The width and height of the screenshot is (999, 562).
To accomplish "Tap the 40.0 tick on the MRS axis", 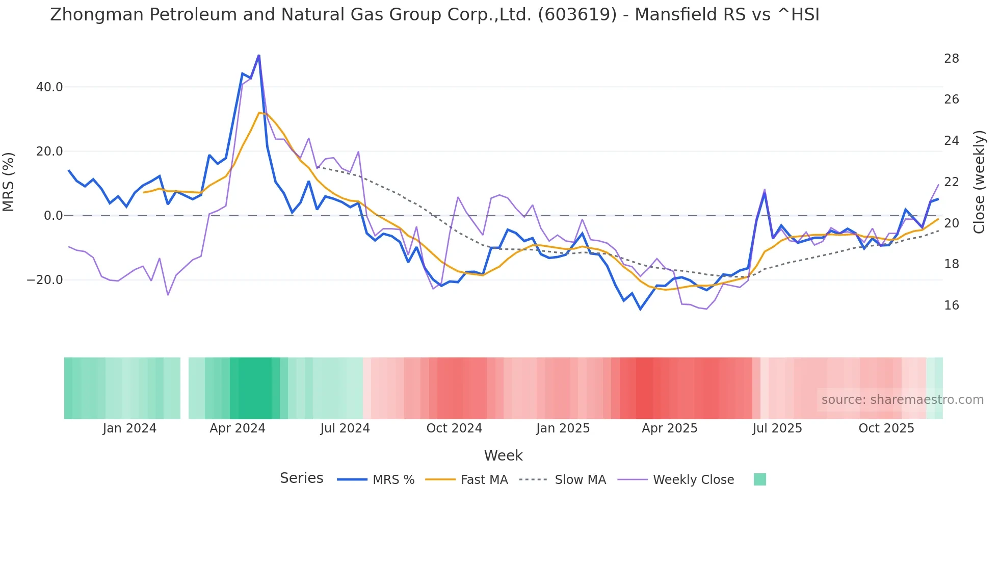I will click(49, 87).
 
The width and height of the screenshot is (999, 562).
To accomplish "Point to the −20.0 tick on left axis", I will click(45, 280).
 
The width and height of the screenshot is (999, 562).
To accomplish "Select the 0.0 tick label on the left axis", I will click(54, 216).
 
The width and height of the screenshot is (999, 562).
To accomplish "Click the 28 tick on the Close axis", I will click(951, 59).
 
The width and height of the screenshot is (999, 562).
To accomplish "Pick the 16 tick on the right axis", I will click(951, 305).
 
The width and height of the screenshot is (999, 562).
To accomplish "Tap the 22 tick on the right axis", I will click(951, 182).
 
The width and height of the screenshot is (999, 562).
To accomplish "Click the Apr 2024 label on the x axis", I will click(238, 428).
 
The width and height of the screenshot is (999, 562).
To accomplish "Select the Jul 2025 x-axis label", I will click(777, 428).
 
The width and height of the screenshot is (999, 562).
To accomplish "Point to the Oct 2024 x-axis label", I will click(454, 428).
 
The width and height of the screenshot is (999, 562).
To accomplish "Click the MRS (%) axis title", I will click(9, 182).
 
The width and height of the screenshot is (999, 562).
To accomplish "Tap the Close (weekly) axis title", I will click(979, 182).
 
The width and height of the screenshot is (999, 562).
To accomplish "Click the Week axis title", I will click(503, 455).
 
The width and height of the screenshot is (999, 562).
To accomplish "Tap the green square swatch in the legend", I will click(759, 479).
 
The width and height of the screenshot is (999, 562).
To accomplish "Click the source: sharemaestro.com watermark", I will click(902, 400).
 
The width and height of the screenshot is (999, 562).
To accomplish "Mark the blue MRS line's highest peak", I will click(259, 55).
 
